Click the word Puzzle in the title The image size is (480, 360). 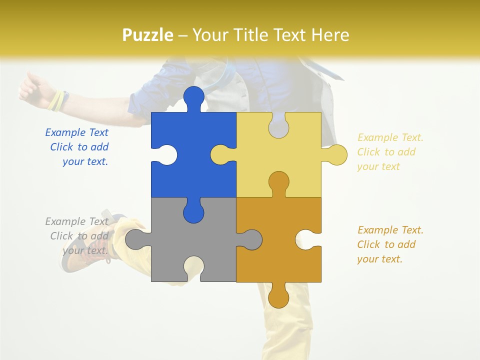click(x=148, y=35)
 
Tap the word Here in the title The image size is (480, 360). click(x=330, y=35)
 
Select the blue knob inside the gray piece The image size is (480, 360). click(x=193, y=212)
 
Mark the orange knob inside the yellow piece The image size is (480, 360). click(x=278, y=182)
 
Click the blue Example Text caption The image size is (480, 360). click(x=78, y=147)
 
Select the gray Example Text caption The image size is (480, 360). click(x=78, y=236)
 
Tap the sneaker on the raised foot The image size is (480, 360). click(x=80, y=250)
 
